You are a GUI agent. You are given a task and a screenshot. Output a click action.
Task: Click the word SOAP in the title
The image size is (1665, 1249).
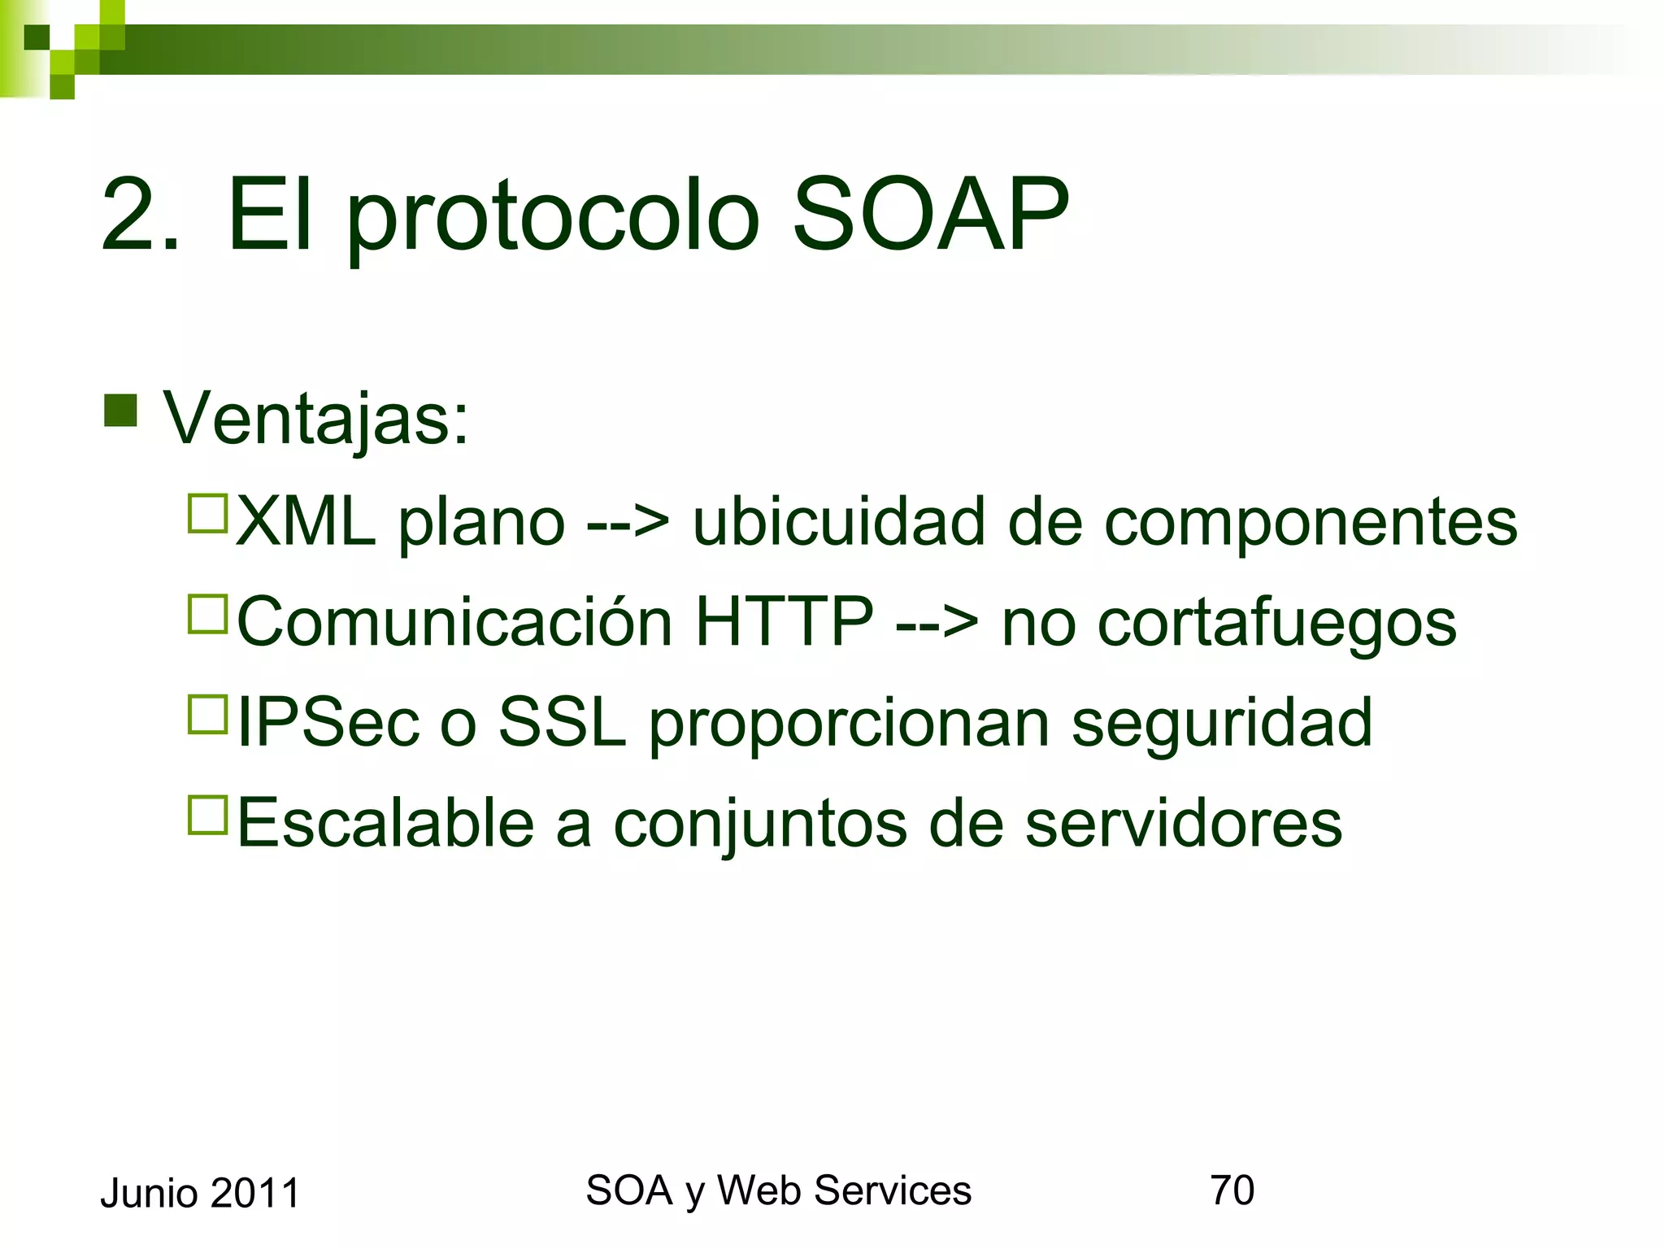pyautogui.click(x=930, y=216)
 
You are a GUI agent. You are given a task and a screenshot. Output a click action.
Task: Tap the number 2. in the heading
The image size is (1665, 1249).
pyautogui.click(x=140, y=216)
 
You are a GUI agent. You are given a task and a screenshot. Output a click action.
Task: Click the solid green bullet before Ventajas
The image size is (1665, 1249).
pyautogui.click(x=120, y=411)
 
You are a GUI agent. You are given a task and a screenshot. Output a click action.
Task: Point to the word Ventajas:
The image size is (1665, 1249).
pyautogui.click(x=316, y=419)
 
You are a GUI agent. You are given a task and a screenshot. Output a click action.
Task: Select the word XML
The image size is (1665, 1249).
pyautogui.click(x=306, y=521)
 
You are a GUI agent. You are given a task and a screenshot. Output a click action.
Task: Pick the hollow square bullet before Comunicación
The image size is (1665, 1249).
pyautogui.click(x=207, y=614)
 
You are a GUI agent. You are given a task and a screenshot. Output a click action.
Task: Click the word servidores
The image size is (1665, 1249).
pyautogui.click(x=1183, y=824)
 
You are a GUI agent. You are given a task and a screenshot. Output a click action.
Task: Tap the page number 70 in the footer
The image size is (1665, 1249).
pyautogui.click(x=1232, y=1190)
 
